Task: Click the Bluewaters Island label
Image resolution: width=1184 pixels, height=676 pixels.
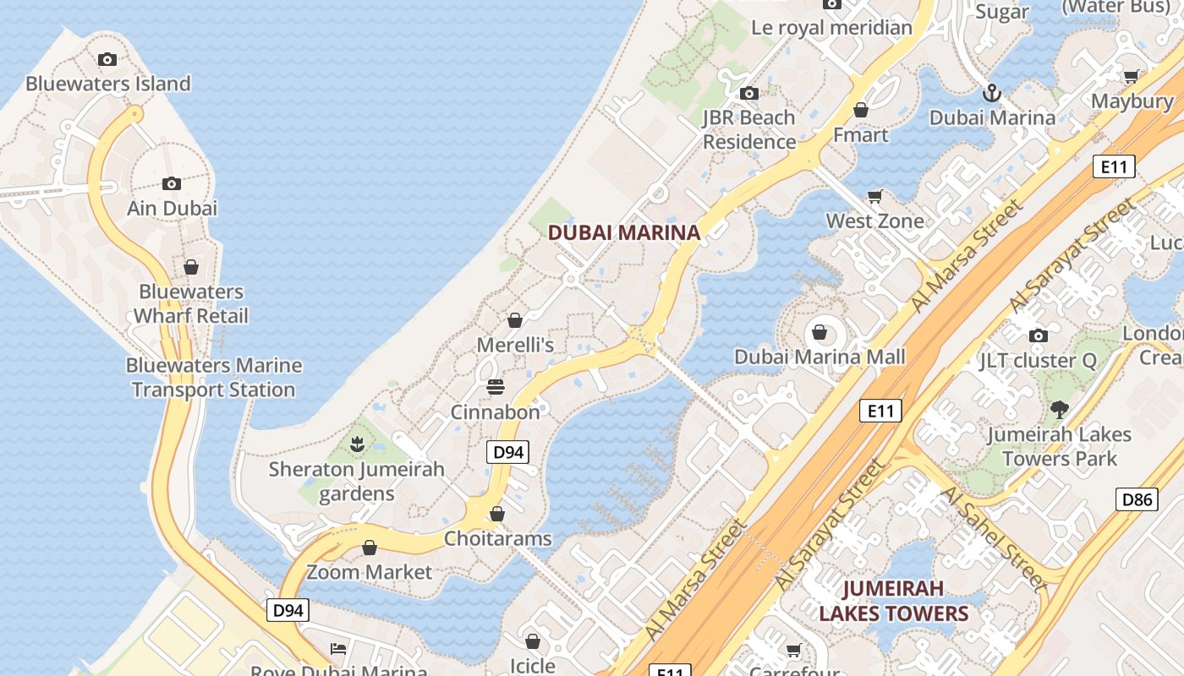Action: point(108,84)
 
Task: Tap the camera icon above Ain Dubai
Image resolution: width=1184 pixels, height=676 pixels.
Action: point(172,183)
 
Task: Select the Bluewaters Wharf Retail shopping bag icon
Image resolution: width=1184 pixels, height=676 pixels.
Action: point(191,267)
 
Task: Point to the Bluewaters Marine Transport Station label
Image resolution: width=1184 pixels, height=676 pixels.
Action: point(213,378)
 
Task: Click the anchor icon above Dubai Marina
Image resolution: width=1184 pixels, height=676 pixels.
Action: point(991,92)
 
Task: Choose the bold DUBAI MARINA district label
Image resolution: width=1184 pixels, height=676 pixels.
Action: point(624,232)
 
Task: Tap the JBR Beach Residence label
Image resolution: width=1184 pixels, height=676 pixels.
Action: point(749,129)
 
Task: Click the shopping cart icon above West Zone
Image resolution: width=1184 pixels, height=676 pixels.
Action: point(875,196)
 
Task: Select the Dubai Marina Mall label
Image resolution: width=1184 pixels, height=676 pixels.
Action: point(819,357)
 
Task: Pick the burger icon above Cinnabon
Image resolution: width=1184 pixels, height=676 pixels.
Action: point(496,387)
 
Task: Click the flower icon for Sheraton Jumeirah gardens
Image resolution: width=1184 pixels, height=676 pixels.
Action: point(357,443)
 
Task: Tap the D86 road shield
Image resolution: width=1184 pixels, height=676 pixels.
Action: point(1137,499)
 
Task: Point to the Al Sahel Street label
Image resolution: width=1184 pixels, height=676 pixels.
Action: point(993,538)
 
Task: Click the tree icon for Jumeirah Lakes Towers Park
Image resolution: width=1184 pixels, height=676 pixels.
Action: point(1059,410)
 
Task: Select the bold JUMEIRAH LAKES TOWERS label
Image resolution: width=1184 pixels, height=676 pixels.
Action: point(893,601)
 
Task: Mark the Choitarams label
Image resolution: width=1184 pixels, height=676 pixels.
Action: point(497,538)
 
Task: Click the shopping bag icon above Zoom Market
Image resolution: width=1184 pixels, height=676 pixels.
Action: point(369,548)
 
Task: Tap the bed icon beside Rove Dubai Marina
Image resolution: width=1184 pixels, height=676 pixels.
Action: point(338,649)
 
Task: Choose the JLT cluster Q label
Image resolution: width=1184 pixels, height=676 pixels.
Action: point(1038,361)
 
